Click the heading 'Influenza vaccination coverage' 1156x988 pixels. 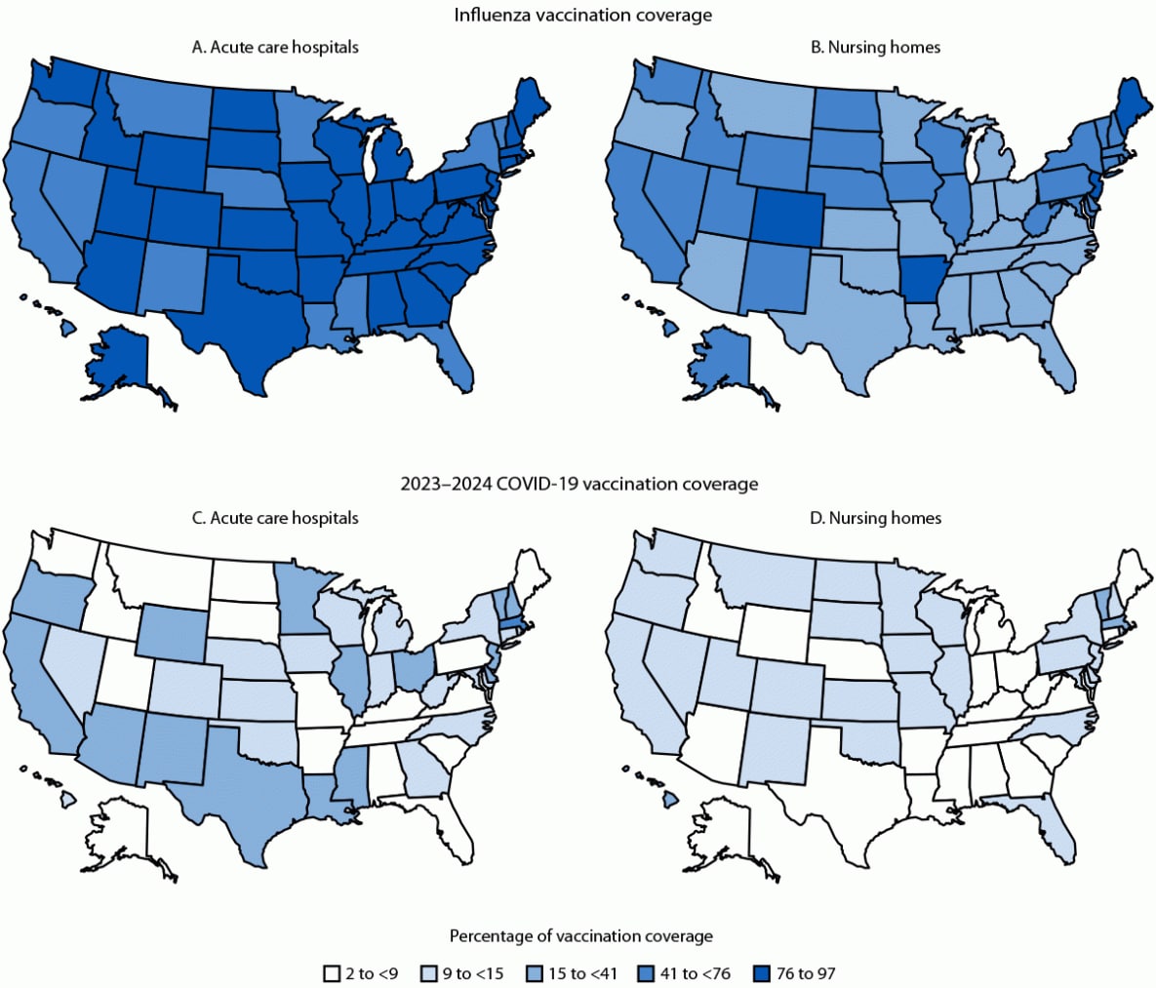coord(582,15)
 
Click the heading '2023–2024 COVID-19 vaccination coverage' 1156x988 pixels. coord(578,484)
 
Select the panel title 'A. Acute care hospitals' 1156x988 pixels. coord(275,47)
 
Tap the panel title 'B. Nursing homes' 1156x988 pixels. coord(875,47)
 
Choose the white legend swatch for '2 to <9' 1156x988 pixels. coord(332,973)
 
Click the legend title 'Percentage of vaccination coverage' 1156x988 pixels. coord(580,936)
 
